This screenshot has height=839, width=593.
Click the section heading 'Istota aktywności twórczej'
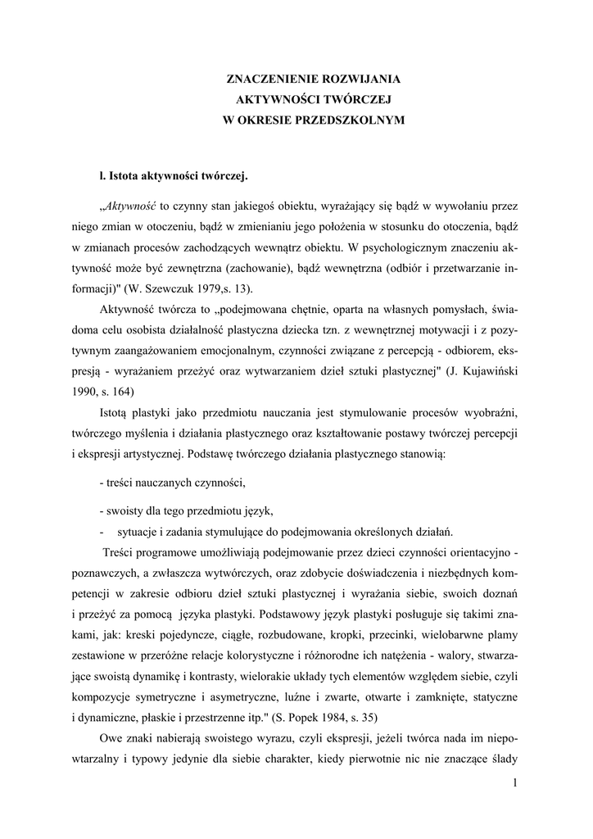[177, 175]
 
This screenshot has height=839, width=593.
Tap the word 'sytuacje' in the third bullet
[138, 528]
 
